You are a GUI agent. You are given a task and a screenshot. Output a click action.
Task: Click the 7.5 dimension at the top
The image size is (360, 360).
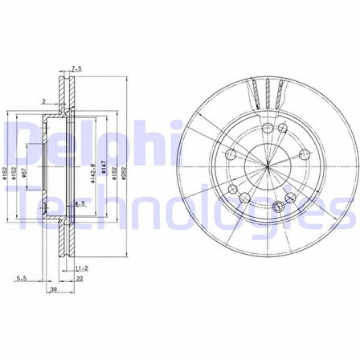[x=76, y=68]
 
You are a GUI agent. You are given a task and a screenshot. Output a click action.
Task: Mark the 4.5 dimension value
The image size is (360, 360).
[x=80, y=204]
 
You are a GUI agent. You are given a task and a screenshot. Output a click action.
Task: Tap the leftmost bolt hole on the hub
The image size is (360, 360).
[x=231, y=154]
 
